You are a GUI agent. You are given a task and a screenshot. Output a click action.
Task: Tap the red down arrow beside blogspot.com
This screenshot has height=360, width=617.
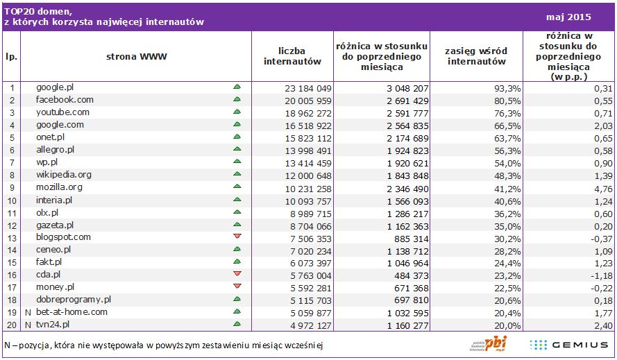237,237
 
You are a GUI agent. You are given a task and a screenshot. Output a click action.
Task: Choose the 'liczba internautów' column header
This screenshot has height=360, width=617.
292,56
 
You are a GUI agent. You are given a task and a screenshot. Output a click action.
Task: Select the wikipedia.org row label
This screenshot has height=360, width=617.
64,174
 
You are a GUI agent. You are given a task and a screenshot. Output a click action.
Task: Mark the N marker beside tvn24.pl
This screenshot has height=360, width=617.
27,324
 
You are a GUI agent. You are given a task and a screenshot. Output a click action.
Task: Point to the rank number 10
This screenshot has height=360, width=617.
10,200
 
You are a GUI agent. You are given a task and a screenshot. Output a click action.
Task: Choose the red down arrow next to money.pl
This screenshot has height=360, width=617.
237,286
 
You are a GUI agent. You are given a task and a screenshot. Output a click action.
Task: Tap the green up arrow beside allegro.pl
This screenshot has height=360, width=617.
237,149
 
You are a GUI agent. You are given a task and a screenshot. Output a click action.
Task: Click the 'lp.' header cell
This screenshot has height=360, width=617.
10,56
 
